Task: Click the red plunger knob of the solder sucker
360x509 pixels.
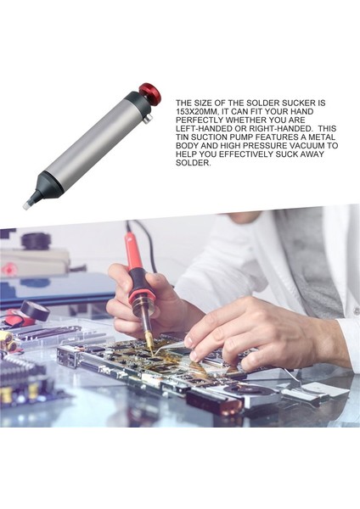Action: point(151,93)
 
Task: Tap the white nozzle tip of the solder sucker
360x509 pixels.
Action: point(28,202)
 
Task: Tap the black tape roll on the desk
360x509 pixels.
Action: point(34,310)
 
